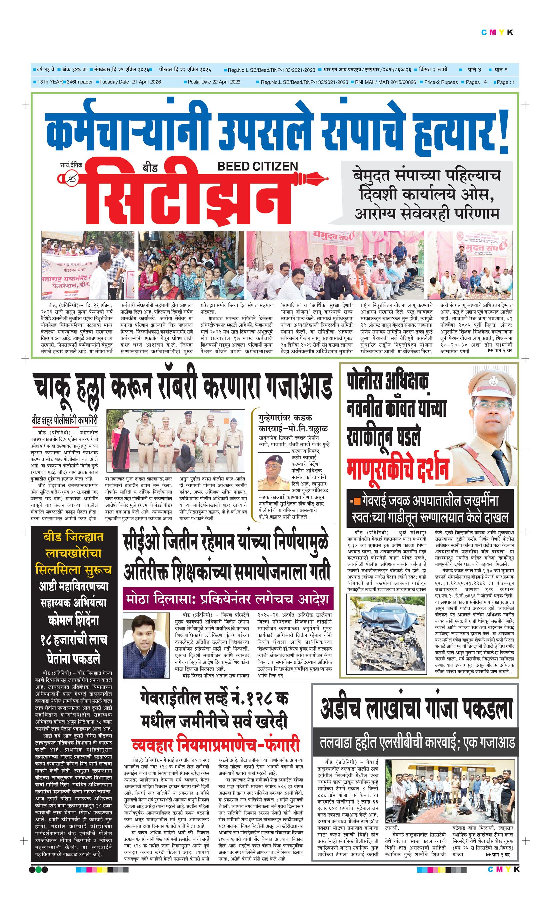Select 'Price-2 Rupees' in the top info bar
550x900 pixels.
point(440,82)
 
